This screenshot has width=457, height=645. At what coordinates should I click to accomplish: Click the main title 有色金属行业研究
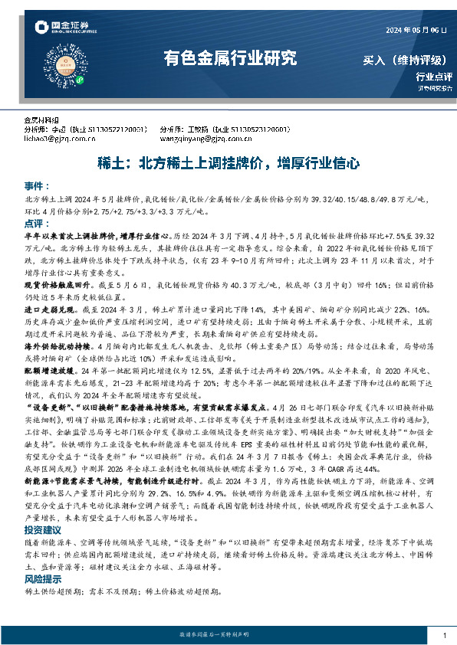[229, 57]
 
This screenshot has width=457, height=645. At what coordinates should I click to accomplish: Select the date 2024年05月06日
[415, 29]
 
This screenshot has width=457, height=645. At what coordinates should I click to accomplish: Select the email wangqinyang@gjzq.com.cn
[199, 140]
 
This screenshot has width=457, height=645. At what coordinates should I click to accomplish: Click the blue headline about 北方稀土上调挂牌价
[229, 163]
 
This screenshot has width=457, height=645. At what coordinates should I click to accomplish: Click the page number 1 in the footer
[445, 636]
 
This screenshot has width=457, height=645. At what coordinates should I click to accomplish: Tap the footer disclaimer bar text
[229, 636]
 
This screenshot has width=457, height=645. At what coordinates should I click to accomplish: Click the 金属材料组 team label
[41, 121]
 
